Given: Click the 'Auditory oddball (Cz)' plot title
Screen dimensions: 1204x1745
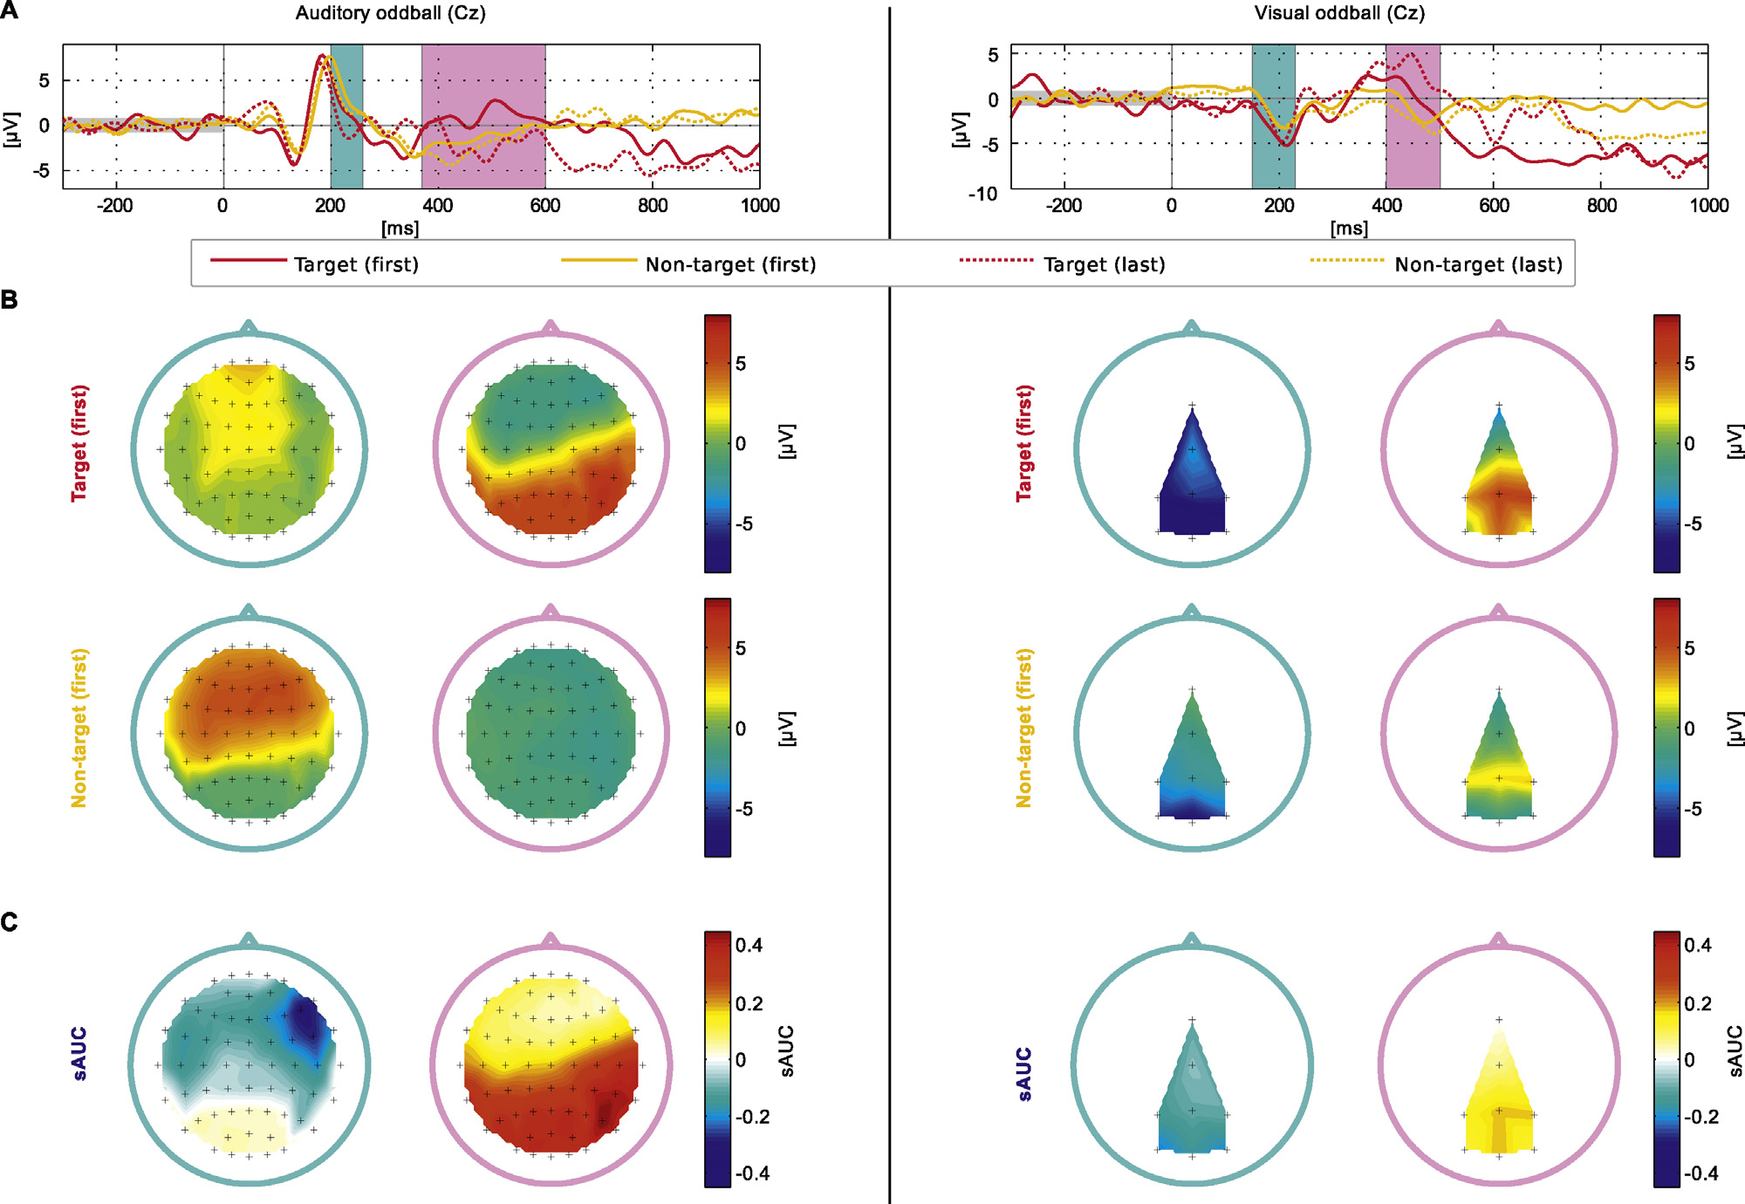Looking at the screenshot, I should pyautogui.click(x=390, y=13).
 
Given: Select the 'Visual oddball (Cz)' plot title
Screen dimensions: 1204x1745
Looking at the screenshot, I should pyautogui.click(x=1339, y=13).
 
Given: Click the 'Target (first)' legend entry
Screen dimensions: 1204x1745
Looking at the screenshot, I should pyautogui.click(x=356, y=264).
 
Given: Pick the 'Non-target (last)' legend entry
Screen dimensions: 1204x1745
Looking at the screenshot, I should pyautogui.click(x=1478, y=264).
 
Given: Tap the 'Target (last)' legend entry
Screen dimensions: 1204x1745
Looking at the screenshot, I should pyautogui.click(x=1104, y=264).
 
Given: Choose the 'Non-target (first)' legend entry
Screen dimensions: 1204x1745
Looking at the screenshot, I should pyautogui.click(x=730, y=264).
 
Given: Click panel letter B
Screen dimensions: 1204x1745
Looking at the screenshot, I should pyautogui.click(x=10, y=300).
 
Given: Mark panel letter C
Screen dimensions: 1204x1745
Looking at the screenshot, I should pyautogui.click(x=10, y=922).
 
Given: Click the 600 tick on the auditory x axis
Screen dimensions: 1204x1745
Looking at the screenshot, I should pyautogui.click(x=545, y=206).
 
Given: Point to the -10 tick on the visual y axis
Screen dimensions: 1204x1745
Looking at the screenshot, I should pyautogui.click(x=982, y=194).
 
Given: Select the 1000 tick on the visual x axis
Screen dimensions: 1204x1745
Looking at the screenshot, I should pyautogui.click(x=1708, y=206).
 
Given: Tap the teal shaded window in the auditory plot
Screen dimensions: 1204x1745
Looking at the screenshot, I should pyautogui.click(x=346, y=116).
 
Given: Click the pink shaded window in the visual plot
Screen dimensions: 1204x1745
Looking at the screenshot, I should pyautogui.click(x=1413, y=116).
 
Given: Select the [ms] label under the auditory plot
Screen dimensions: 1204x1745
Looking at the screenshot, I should pyautogui.click(x=400, y=229).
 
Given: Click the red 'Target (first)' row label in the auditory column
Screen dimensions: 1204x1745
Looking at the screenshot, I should pyautogui.click(x=79, y=443).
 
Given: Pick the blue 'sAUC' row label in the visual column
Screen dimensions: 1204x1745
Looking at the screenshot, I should pyautogui.click(x=1024, y=1074).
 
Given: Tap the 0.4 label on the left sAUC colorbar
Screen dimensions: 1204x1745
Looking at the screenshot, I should pyautogui.click(x=749, y=945).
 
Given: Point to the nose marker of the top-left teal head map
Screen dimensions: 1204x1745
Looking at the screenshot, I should pyautogui.click(x=249, y=327).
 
